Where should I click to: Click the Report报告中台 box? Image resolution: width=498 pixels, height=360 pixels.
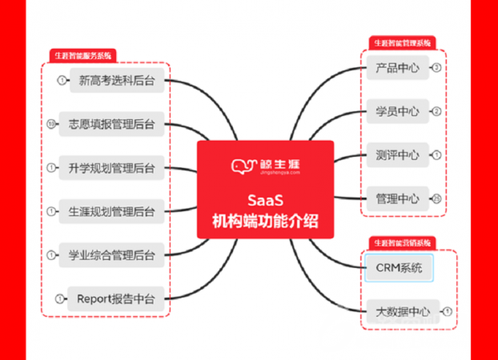(x=117, y=299)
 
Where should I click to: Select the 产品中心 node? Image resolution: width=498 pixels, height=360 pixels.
(x=397, y=68)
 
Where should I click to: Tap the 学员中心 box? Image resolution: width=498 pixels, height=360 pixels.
(x=397, y=111)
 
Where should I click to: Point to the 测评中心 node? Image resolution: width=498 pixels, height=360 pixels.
(x=397, y=154)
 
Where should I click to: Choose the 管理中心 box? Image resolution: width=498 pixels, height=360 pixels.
(x=397, y=198)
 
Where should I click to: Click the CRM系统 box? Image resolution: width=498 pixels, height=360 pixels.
(x=398, y=268)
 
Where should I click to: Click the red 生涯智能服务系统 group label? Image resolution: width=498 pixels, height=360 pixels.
(x=82, y=56)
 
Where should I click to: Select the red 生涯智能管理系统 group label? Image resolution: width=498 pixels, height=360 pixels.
(x=402, y=42)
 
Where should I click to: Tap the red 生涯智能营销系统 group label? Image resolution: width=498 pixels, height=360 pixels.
(x=402, y=241)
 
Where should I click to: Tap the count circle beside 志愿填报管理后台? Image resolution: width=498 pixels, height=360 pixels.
(x=51, y=124)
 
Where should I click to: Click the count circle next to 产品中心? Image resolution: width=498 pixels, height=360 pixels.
(x=436, y=68)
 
